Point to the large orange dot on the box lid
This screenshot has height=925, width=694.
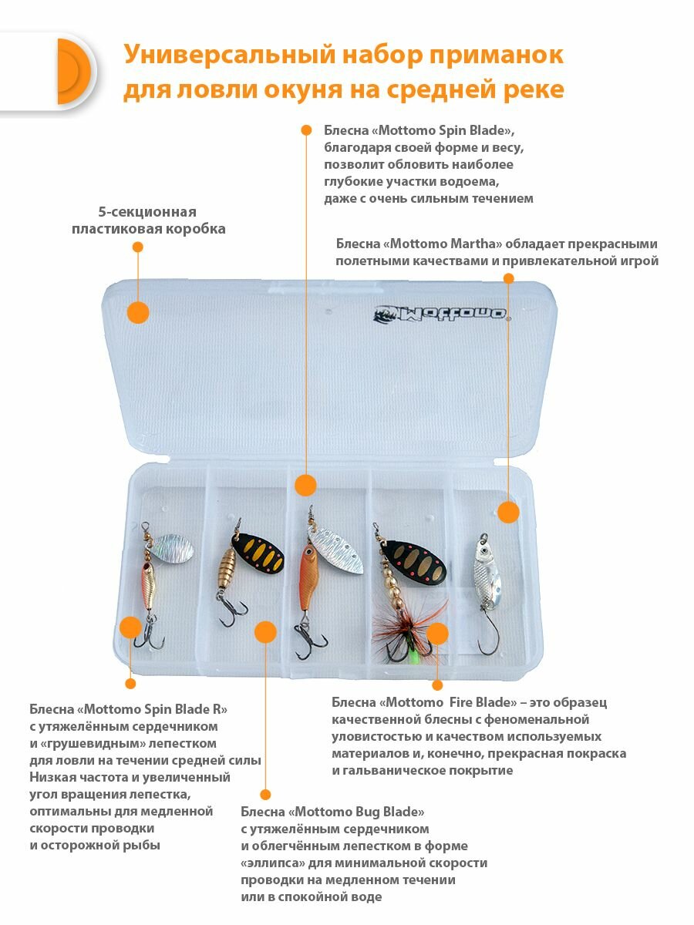pyautogui.click(x=138, y=312)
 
